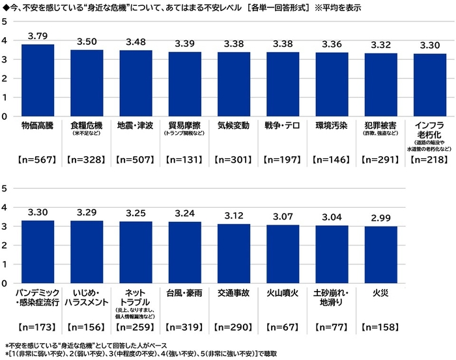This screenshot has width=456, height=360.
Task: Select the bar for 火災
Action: pos(381,255)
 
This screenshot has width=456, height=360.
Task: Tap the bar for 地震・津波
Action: pos(135,83)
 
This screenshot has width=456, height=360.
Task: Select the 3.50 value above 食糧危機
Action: pos(87,42)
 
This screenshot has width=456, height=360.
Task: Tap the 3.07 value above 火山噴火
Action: pos(283,216)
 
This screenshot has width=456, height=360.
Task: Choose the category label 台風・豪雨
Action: pos(184,293)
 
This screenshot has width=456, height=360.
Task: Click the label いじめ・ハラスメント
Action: pos(87,298)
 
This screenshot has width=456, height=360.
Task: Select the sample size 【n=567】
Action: pos(38,159)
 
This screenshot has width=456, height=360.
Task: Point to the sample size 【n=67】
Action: pos(283,327)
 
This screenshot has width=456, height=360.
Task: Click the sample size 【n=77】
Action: pos(332,327)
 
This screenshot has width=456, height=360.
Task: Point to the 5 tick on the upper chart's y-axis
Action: pos(5,21)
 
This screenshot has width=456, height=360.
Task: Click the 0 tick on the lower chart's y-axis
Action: pos(5,284)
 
